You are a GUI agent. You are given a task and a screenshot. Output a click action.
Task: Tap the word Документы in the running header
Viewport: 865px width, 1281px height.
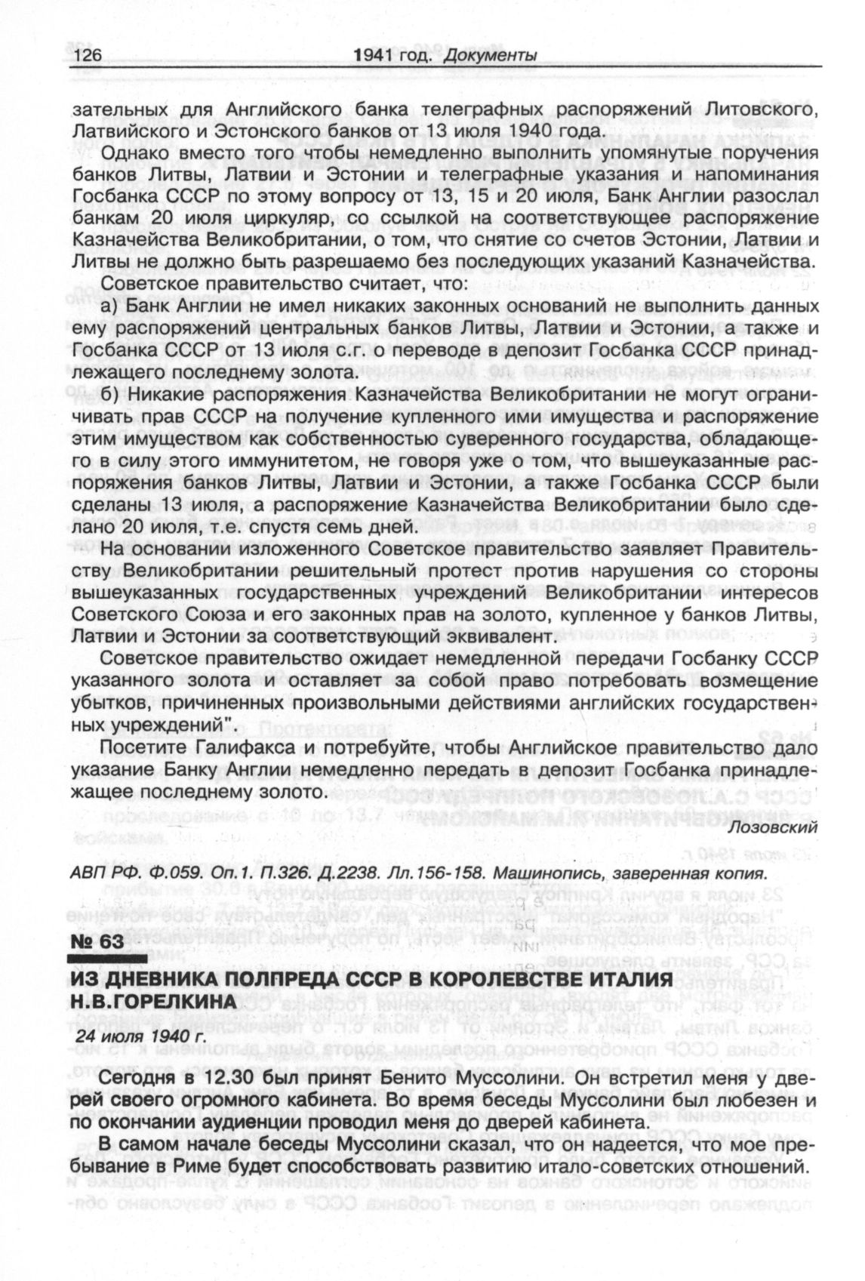tap(490, 55)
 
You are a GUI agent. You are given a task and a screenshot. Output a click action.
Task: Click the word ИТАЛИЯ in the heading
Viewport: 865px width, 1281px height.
tap(623, 979)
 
